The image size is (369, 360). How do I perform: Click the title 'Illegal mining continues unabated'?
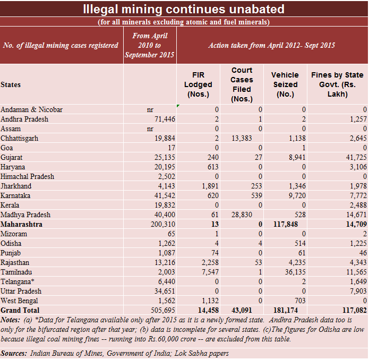184,9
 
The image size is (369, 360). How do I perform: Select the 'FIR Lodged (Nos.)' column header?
198,84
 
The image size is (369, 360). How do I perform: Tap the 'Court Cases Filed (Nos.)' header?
242,84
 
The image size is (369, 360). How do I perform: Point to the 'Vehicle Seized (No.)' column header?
285,84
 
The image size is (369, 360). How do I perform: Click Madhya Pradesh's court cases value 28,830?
251,215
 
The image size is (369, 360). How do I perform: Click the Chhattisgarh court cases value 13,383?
251,139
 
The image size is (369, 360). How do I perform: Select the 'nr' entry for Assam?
150,128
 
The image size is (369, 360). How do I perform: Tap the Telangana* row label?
18,282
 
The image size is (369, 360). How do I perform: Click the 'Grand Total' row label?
20,310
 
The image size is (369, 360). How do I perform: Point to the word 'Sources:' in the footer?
14,353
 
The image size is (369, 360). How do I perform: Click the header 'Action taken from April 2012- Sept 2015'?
272,45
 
